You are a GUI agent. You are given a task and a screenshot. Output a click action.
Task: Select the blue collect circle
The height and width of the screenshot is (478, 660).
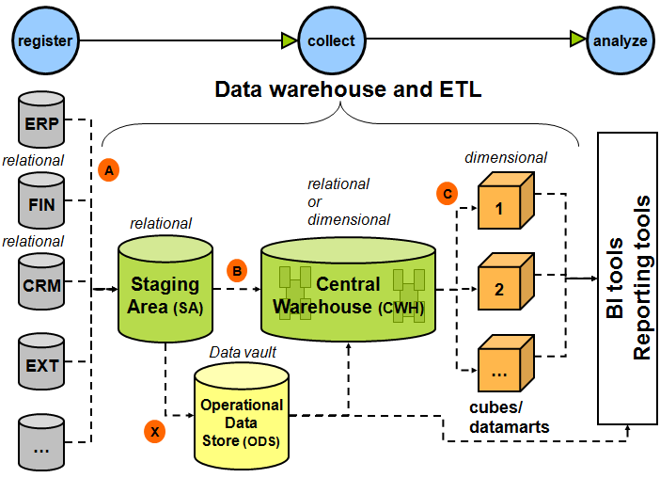[x=330, y=40]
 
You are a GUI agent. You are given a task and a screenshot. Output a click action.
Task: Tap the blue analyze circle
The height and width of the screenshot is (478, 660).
[x=620, y=40]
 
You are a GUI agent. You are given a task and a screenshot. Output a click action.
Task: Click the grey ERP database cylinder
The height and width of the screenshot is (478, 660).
[x=41, y=122]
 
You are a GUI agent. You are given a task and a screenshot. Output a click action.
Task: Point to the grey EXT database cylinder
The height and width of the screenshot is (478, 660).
[x=41, y=361]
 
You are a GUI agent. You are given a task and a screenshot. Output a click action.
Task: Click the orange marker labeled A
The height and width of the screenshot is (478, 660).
[x=109, y=170]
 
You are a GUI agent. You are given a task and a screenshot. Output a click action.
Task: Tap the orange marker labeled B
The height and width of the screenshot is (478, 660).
[x=237, y=271]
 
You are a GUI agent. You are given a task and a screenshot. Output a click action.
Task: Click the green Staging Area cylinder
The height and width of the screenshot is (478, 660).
[x=165, y=288]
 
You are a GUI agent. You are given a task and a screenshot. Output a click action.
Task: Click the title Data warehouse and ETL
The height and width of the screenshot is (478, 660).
[x=348, y=90]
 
